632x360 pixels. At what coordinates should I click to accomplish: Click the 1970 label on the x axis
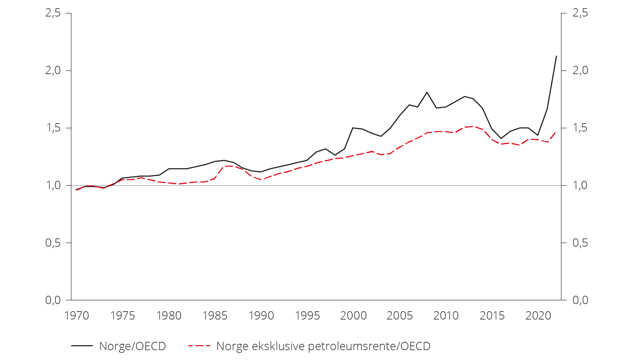tap(77, 316)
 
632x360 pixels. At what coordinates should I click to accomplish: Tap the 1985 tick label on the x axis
tap(215, 316)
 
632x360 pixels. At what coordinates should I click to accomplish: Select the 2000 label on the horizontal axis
tap(354, 316)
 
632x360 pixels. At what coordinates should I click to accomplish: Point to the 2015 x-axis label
tap(492, 316)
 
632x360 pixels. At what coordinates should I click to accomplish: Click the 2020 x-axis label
tap(538, 316)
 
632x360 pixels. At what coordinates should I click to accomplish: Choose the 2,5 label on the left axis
tap(53, 13)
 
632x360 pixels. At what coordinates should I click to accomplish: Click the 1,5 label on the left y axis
tap(53, 128)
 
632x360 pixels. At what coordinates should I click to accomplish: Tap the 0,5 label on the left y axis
tap(53, 243)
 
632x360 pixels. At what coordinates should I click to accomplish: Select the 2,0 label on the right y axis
tap(580, 70)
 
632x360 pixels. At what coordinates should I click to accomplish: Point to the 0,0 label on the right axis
tap(580, 300)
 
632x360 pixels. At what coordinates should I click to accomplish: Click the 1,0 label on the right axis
tap(580, 185)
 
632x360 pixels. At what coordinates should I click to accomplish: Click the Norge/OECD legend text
tap(132, 346)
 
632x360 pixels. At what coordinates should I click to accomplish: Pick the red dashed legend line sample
tap(199, 346)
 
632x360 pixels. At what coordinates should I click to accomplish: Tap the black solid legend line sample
tap(82, 346)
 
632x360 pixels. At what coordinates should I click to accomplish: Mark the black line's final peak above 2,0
tap(557, 56)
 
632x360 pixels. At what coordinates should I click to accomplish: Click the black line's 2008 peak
tap(427, 92)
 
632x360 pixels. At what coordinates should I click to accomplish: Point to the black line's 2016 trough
tap(501, 138)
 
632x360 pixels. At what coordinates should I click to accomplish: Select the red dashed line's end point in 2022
tap(556, 132)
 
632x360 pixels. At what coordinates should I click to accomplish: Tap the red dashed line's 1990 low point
tap(261, 180)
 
